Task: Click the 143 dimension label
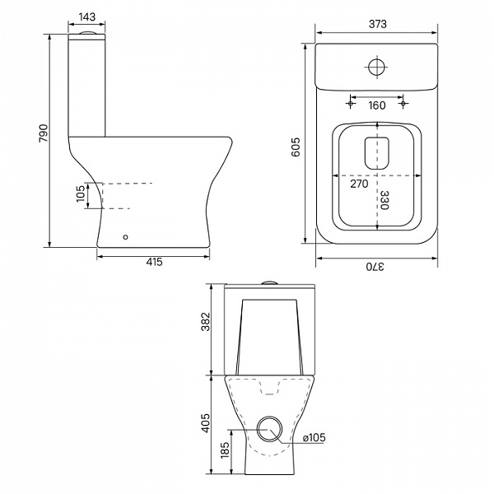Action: [87, 16]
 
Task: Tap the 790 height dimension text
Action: [44, 133]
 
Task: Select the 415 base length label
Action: [155, 262]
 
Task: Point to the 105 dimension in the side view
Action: [81, 193]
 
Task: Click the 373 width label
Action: [377, 24]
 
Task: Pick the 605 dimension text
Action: [296, 147]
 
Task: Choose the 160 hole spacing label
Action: [377, 105]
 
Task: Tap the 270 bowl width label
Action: [359, 184]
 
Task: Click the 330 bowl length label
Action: [384, 200]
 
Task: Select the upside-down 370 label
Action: [375, 267]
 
